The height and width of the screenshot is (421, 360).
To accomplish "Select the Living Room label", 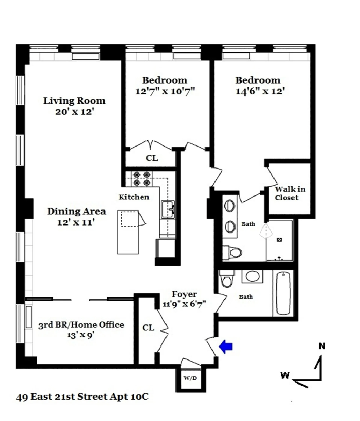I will tap(74, 101).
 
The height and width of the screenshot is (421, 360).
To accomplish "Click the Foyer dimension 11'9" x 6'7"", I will tap(184, 304).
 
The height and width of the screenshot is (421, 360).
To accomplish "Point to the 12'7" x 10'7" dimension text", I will tap(165, 91).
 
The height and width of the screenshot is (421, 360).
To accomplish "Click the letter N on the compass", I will tap(322, 346).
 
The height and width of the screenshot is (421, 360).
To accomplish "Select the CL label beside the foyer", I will tap(148, 328).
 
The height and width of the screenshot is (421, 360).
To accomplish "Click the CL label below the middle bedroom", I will tap(152, 158).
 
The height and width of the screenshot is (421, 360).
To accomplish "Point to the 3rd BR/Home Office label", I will tap(81, 324).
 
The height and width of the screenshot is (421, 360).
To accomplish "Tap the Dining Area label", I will tap(77, 211).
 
